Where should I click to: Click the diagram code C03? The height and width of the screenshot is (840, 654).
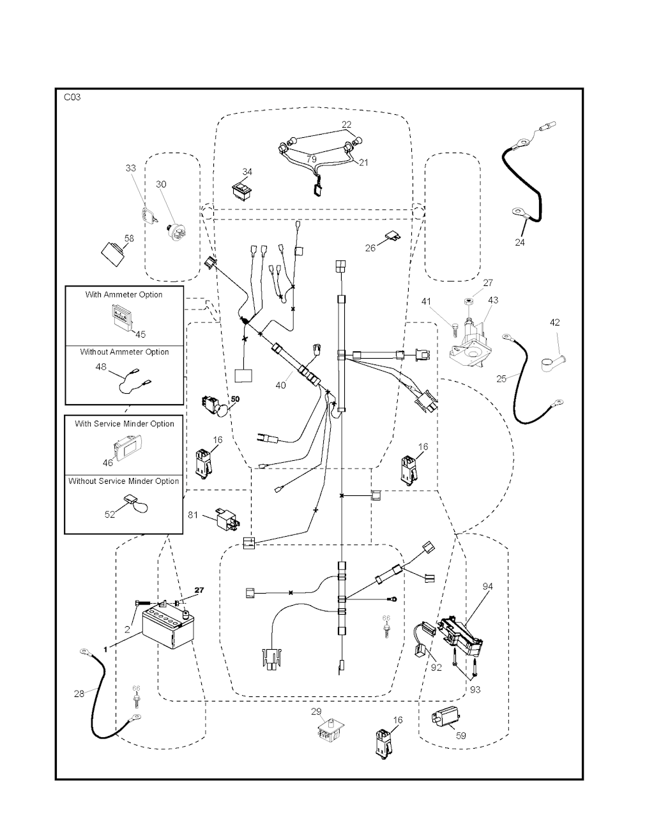coord(72,98)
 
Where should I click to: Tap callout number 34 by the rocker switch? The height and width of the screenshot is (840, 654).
coord(247,172)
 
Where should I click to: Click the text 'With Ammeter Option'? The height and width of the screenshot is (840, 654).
coord(124,295)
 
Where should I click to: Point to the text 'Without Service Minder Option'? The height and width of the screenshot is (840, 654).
coord(124,481)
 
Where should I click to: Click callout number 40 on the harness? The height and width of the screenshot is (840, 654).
coord(280,386)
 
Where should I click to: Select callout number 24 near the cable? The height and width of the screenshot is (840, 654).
coord(520,243)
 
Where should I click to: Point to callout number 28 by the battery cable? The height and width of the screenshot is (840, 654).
coord(79,694)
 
